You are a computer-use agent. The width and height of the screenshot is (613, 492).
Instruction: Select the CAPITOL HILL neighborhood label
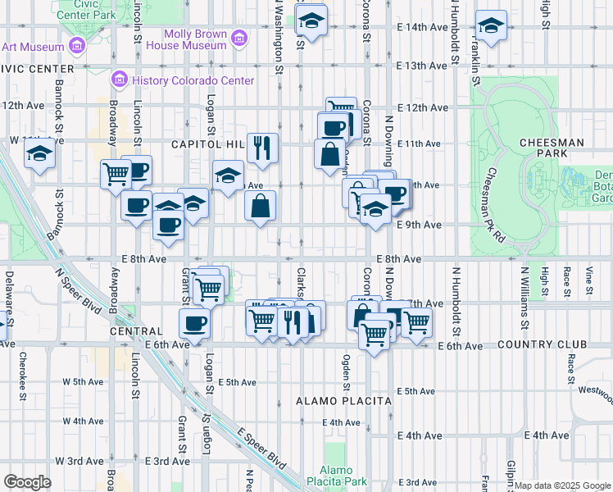tap(207, 144)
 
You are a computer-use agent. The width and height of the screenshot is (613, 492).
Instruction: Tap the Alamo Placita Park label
tap(336, 476)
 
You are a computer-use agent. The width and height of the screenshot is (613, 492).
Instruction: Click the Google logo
tap(27, 482)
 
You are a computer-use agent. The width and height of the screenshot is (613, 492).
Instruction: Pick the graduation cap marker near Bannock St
tap(39, 153)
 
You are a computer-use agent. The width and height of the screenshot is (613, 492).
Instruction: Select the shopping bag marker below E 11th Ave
tap(329, 153)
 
